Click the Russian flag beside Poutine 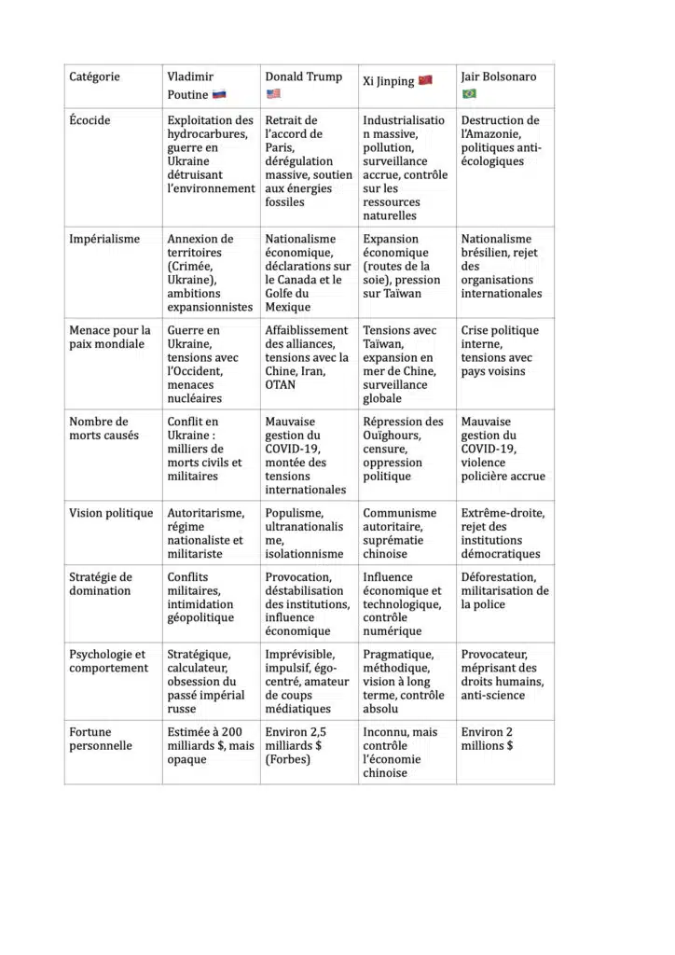click(219, 94)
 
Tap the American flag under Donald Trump click(273, 93)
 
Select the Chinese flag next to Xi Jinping click(425, 80)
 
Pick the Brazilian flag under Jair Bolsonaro click(469, 93)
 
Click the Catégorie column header click(94, 76)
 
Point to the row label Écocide click(92, 120)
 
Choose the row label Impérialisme click(104, 239)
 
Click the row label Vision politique click(110, 513)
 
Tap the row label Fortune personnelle click(101, 739)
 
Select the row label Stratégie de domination click(101, 584)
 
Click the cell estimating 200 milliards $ click(211, 745)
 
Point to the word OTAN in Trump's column click(282, 384)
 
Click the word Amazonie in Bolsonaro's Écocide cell click(491, 134)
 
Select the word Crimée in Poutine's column click(194, 266)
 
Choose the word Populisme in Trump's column click(293, 513)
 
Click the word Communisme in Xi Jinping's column click(399, 513)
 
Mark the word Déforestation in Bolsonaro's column click(499, 577)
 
